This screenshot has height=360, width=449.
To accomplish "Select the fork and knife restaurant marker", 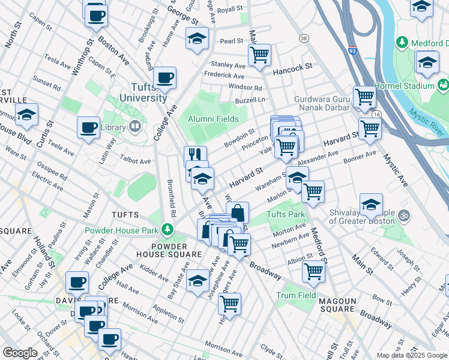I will pyautogui.click(x=196, y=157).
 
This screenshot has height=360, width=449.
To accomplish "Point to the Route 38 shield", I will pyautogui.click(x=304, y=38).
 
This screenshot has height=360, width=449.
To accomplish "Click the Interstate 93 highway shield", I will pyautogui.click(x=353, y=52).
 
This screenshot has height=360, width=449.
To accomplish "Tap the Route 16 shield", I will pyautogui.click(x=376, y=113).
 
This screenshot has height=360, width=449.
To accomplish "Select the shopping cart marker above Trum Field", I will pyautogui.click(x=313, y=271).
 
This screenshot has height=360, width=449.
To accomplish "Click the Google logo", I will pyautogui.click(x=20, y=353).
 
